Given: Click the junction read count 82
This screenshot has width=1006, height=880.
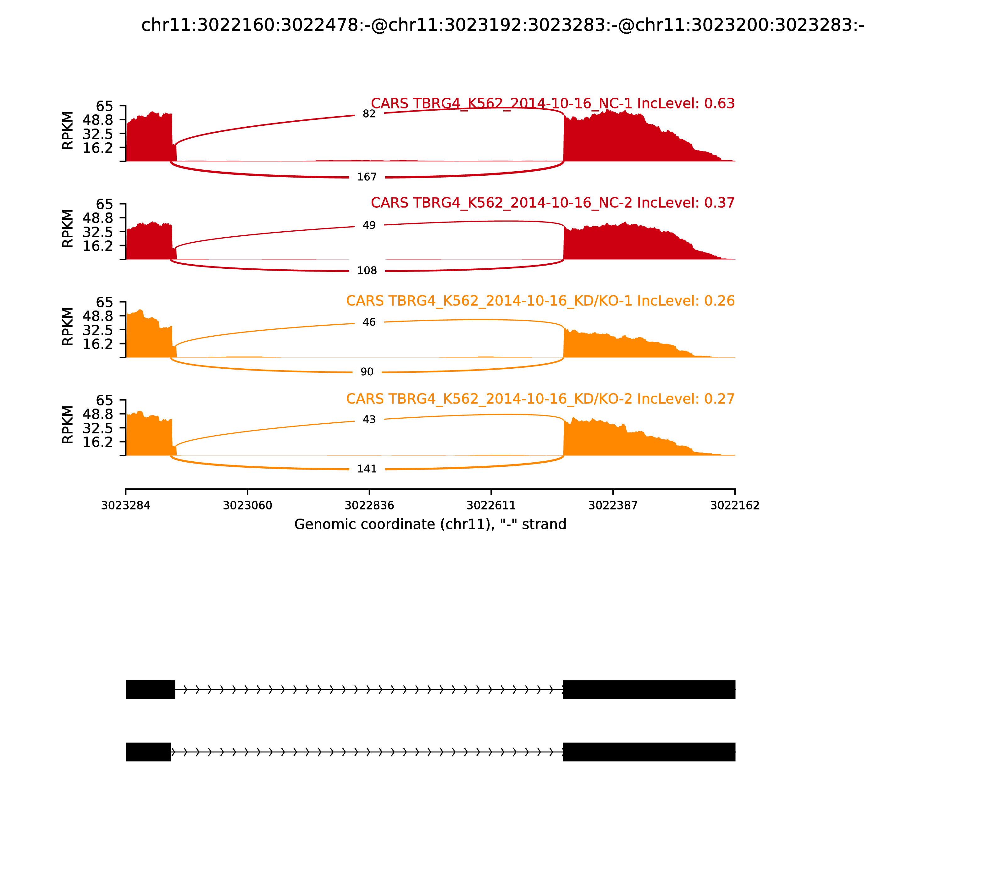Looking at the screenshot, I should pos(369,114).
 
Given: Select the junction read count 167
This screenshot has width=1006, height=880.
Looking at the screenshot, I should pos(367,177).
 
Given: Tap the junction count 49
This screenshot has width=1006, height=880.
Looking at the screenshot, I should pos(369,225).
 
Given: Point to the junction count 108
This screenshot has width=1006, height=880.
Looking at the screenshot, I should pos(367,271).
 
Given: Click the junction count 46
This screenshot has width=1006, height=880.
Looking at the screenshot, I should pos(369,322).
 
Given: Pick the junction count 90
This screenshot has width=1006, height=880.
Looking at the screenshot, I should pos(367,372).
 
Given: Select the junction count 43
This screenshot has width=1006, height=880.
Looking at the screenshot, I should pos(369,419).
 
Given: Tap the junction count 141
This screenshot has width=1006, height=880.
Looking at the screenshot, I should pos(367,469).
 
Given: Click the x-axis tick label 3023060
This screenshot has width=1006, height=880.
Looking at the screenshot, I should pos(248,505).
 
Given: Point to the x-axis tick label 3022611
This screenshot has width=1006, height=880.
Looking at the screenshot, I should pos(491,505).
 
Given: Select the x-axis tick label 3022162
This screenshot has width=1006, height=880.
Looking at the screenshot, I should pos(735,505).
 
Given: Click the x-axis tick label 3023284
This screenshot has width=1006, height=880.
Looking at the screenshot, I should pos(126,505).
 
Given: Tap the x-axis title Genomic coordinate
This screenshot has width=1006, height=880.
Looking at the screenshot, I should pos(430,525).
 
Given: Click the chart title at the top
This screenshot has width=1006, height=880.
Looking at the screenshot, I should pos(502,25).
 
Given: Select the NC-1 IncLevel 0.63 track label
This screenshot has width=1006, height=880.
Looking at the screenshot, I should pos(553,104).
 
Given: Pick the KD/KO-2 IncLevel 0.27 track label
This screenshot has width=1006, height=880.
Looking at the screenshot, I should pos(540,399).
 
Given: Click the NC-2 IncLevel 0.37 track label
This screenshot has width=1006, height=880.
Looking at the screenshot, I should pos(553,203).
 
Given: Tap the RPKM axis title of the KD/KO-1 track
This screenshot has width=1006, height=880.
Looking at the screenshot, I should pos(68,327).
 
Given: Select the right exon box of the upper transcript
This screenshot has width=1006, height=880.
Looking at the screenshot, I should pos(649,690).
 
